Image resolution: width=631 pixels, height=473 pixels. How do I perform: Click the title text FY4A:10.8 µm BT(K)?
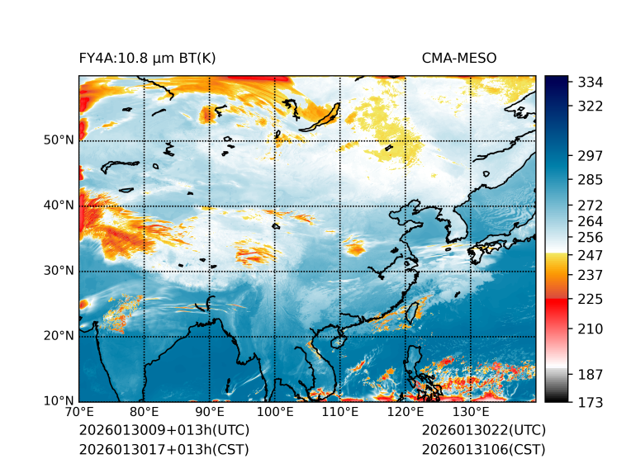(x=147, y=58)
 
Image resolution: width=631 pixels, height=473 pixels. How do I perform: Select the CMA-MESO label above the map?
(x=458, y=58)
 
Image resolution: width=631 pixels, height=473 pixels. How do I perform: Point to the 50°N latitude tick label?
(x=59, y=140)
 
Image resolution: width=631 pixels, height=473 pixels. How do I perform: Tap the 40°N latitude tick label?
(x=59, y=206)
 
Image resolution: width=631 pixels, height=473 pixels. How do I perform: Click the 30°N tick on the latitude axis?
(x=59, y=271)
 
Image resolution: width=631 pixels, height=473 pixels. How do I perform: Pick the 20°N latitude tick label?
(x=59, y=336)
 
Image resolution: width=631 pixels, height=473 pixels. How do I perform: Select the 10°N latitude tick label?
(x=59, y=401)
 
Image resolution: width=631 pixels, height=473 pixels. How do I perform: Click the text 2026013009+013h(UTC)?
(x=164, y=431)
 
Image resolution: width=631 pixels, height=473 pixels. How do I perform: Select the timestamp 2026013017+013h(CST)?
(x=164, y=450)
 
